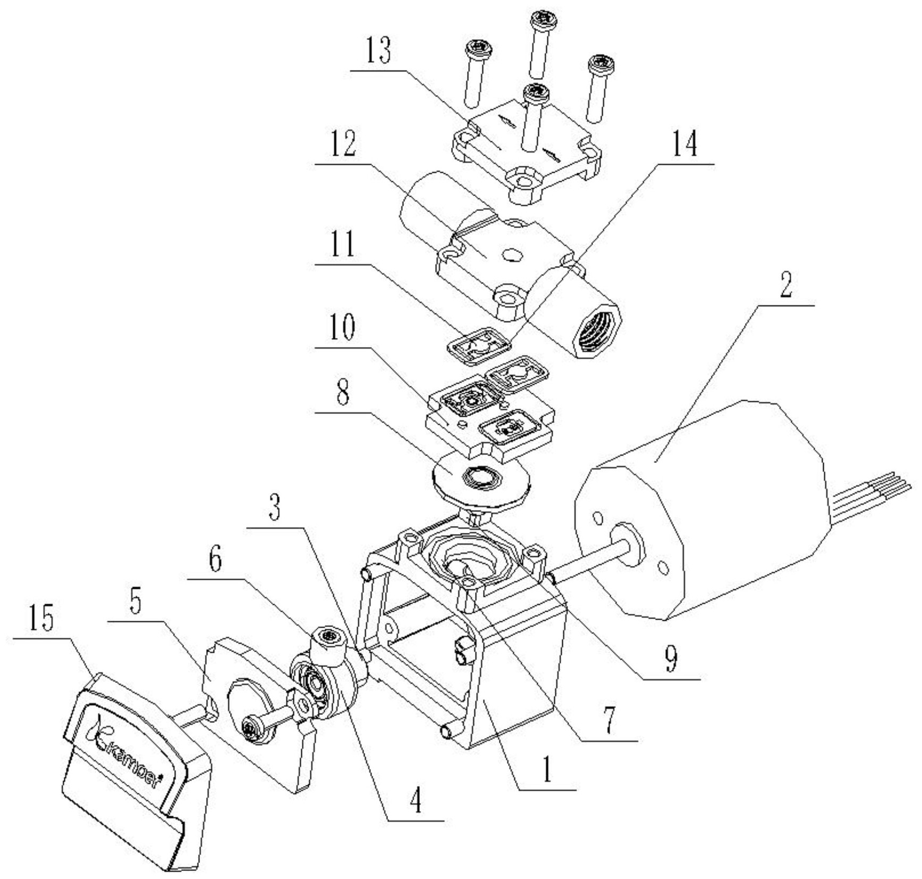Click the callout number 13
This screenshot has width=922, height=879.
point(379,52)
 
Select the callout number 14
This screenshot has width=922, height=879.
point(684,142)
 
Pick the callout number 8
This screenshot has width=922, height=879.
point(343,394)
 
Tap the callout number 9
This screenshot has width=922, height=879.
point(672,660)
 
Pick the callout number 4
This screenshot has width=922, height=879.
point(416,801)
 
